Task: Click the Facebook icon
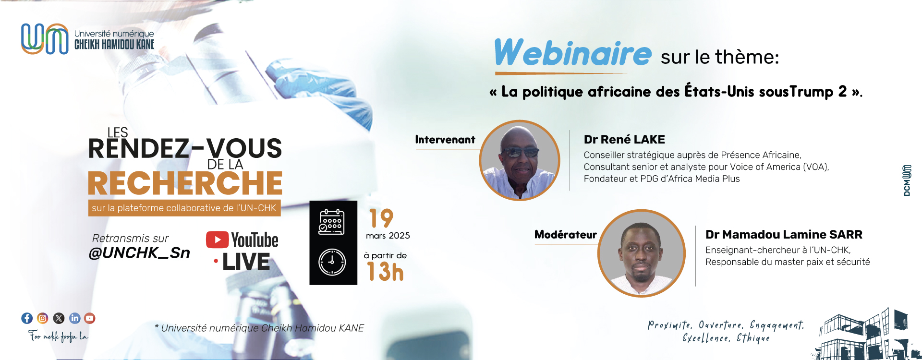pyautogui.click(x=27, y=318)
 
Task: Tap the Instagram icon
pyautogui.click(x=43, y=318)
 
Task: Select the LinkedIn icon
pyautogui.click(x=74, y=318)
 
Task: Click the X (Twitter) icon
pyautogui.click(x=59, y=318)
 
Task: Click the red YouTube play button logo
pyautogui.click(x=217, y=240)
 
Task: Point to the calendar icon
pyautogui.click(x=331, y=222)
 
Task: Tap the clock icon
pyautogui.click(x=332, y=262)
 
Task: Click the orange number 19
pyautogui.click(x=381, y=218)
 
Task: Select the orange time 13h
pyautogui.click(x=385, y=272)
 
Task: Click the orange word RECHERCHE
pyautogui.click(x=185, y=183)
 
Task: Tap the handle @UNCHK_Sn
pyautogui.click(x=139, y=253)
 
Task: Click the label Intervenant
pyautogui.click(x=445, y=140)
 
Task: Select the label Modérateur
pyautogui.click(x=566, y=235)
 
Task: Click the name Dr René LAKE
pyautogui.click(x=624, y=140)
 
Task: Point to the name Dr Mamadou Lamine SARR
pyautogui.click(x=784, y=235)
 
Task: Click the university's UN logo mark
pyautogui.click(x=45, y=38)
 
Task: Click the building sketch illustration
pyautogui.click(x=864, y=335)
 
